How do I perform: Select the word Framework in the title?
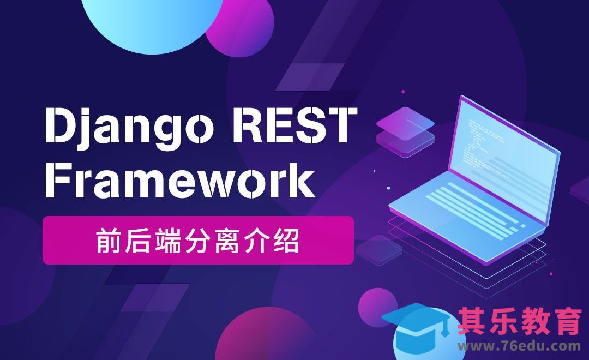tap(179, 181)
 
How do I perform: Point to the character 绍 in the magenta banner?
tap(289, 241)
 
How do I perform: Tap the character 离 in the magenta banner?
tap(228, 241)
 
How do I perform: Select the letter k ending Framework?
tap(303, 181)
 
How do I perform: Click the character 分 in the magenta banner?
tap(197, 241)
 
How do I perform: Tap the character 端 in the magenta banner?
tap(167, 241)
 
